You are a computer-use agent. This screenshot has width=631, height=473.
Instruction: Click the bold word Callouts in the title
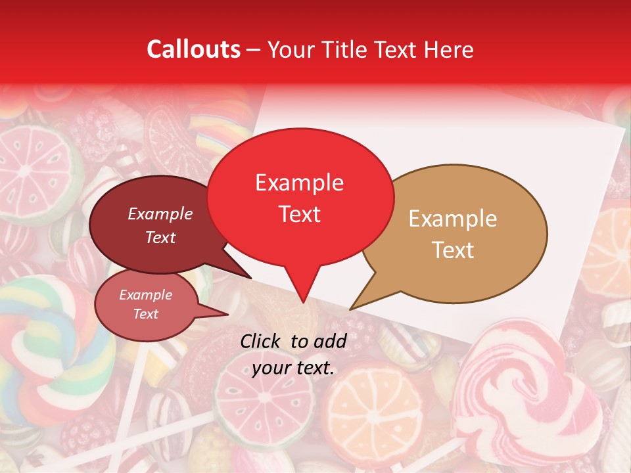point(193,49)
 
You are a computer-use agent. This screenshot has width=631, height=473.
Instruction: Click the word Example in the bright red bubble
point(299,183)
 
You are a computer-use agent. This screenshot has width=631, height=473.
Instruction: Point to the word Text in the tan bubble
point(454,250)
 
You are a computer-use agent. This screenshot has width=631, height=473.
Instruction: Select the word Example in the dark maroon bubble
point(160,214)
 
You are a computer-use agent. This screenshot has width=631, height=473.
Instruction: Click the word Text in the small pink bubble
point(145,314)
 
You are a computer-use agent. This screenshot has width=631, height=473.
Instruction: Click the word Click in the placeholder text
point(262,341)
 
